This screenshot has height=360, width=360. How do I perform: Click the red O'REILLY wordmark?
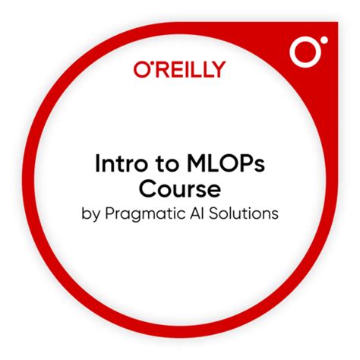click(179, 70)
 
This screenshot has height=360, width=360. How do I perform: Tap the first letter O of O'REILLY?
click(140, 70)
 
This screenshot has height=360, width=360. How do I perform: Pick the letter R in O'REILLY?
click(158, 70)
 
